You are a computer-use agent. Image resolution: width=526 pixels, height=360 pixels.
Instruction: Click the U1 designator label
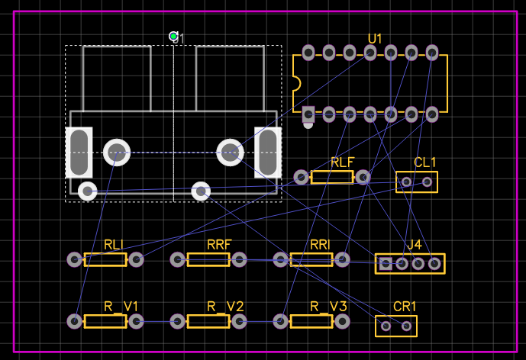[375, 39]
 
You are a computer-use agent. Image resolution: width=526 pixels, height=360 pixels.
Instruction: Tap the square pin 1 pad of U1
[308, 114]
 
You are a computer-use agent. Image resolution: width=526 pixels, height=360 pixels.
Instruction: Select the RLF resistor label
[343, 162]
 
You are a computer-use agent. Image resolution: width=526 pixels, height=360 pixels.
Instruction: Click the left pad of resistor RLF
[302, 178]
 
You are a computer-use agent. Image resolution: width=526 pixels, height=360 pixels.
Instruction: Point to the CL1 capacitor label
[425, 162]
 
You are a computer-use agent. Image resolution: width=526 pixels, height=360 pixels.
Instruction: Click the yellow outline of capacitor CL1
[417, 172]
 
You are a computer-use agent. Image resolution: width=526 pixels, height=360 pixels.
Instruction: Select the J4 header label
[415, 245]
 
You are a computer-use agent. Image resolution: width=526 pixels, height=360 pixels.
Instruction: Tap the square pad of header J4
[386, 264]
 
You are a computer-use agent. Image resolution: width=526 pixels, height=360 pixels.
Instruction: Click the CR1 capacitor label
[405, 307]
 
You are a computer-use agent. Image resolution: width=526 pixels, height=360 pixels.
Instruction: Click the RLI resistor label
[114, 245]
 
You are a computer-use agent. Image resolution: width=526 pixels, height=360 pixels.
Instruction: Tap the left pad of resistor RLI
[74, 259]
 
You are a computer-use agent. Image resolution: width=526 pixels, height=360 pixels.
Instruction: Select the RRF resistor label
[219, 245]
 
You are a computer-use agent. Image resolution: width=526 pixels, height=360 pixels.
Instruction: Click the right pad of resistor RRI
[343, 259]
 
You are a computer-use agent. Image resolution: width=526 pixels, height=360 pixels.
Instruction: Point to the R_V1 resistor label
[121, 307]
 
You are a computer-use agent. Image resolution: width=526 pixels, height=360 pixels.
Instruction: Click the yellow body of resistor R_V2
[208, 321]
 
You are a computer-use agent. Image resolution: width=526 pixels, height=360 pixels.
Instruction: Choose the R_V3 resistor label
[328, 307]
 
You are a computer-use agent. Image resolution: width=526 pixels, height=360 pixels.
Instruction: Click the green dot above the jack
[174, 37]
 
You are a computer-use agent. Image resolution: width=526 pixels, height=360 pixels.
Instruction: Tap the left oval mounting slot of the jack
[79, 152]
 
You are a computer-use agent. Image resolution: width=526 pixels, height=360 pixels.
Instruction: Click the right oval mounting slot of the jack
[268, 152]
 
